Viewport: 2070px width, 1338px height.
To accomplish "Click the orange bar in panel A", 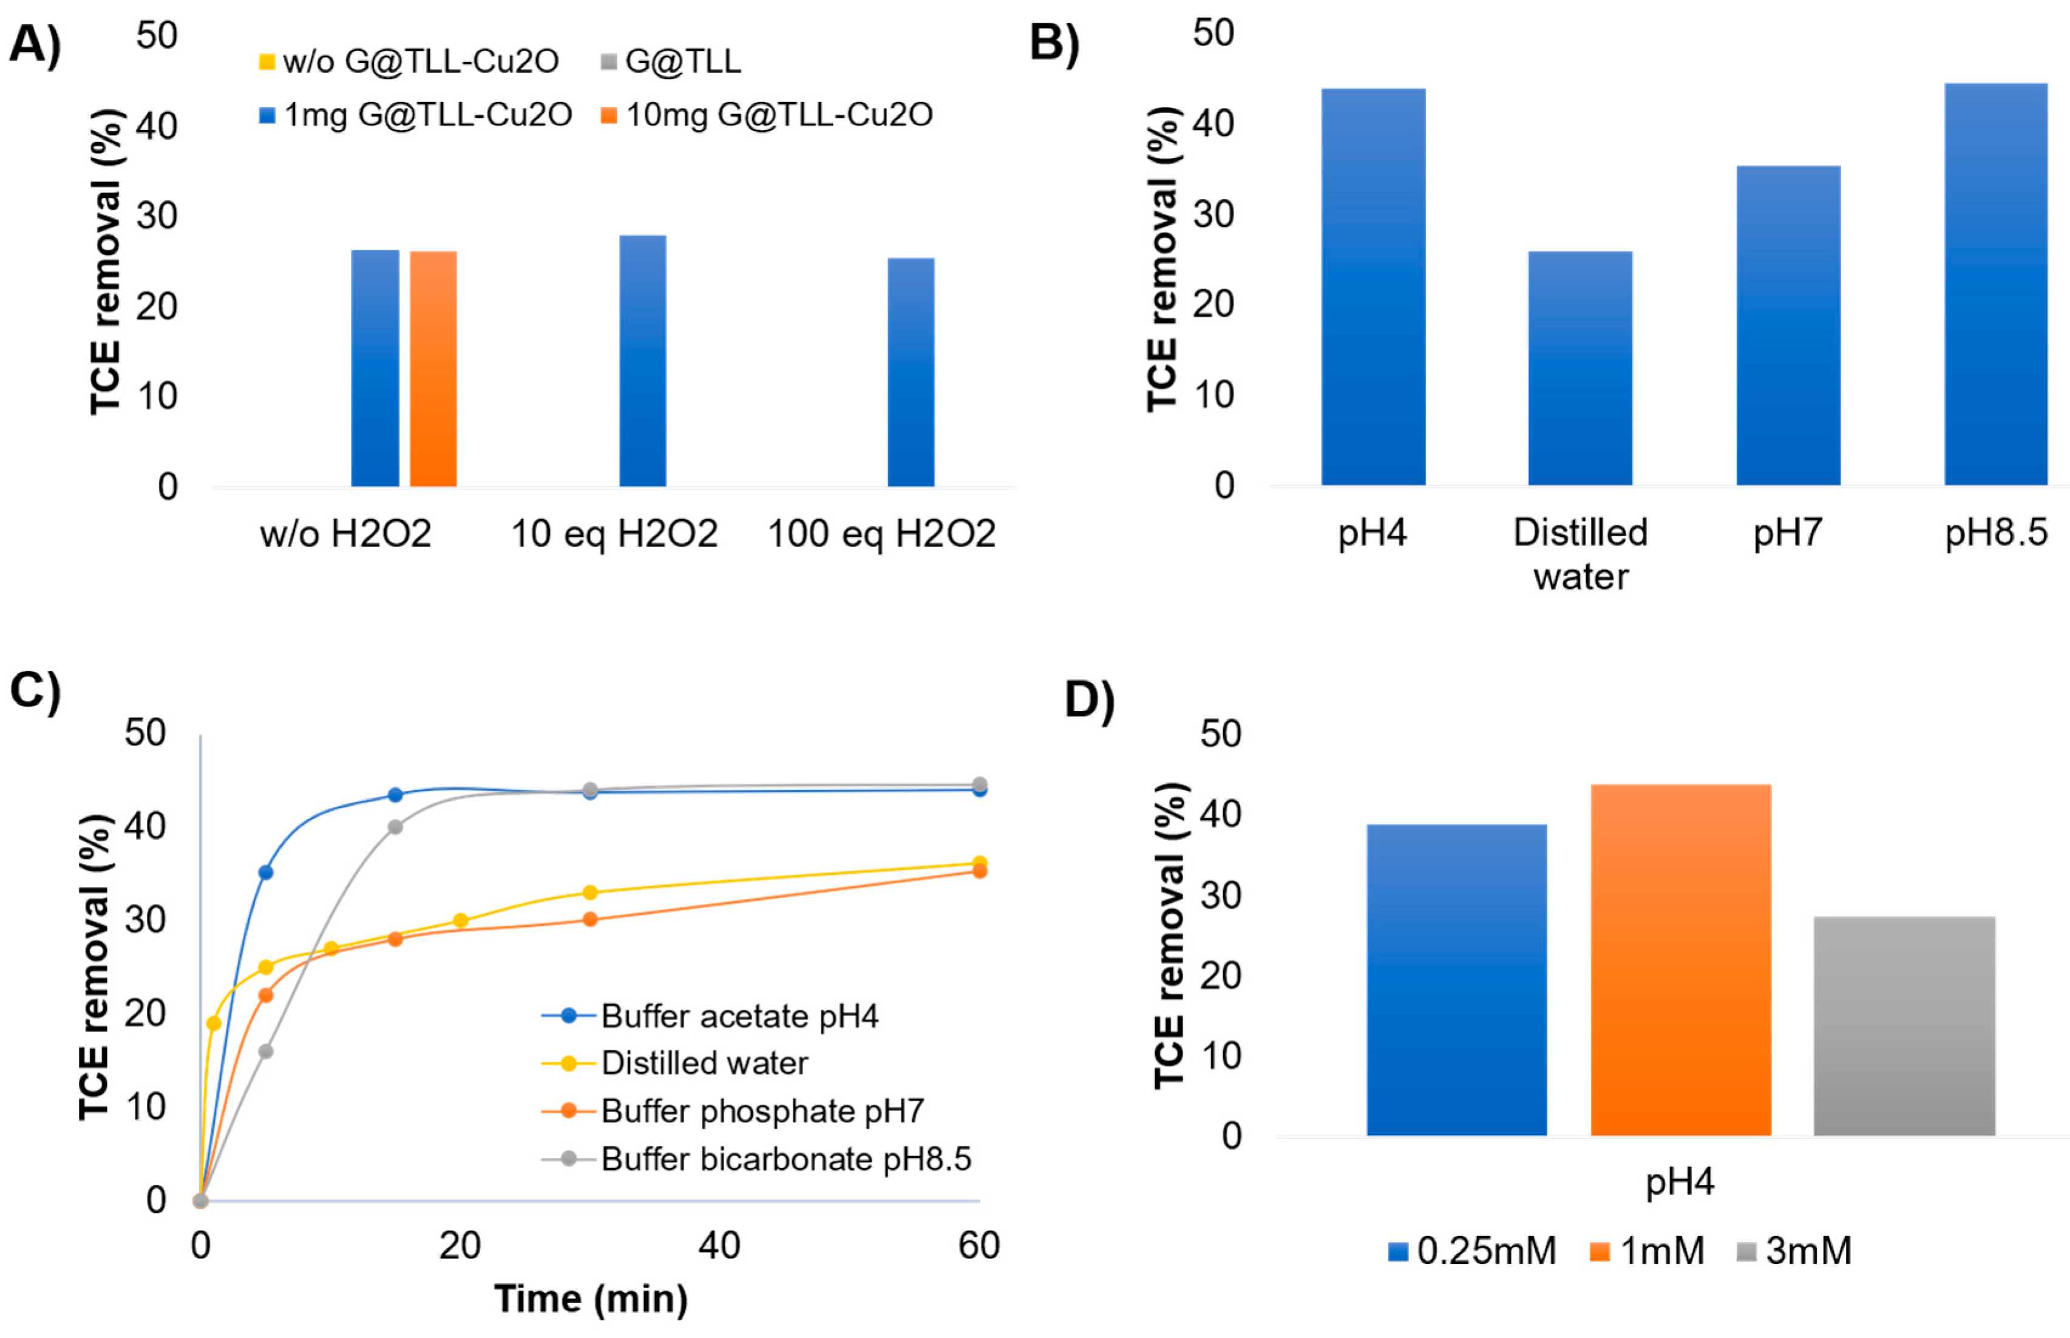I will click(433, 368).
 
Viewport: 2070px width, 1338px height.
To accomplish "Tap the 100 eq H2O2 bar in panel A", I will click(911, 372).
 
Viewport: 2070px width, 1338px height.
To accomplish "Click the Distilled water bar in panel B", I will click(1580, 368).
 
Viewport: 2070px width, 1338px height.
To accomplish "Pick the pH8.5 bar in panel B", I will click(1995, 284).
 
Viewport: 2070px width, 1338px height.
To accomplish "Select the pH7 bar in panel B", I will click(1788, 326).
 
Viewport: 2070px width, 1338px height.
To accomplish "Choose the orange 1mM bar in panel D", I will click(1680, 959).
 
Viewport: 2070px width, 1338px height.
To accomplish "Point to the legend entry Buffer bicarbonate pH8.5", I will click(784, 1159).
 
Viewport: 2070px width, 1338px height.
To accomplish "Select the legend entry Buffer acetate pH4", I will click(738, 1016).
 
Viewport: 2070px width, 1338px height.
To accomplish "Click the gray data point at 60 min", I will click(979, 784).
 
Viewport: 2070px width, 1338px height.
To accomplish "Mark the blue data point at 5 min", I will click(266, 872).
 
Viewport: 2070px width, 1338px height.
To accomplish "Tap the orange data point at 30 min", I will click(590, 919).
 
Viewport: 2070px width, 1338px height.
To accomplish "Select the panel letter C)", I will click(35, 691).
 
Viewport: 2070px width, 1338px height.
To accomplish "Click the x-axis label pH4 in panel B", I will click(1372, 532).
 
